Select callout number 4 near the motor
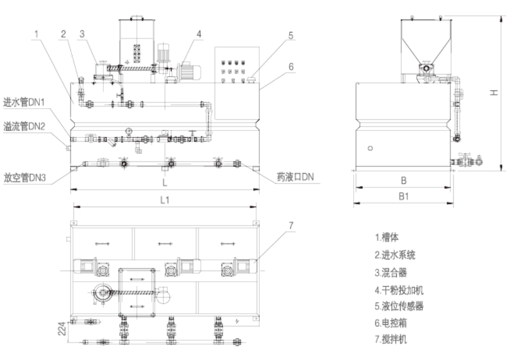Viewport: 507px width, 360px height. pyautogui.click(x=199, y=33)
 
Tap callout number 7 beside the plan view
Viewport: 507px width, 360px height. pyautogui.click(x=290, y=226)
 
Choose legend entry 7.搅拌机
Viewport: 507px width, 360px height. pyautogui.click(x=391, y=337)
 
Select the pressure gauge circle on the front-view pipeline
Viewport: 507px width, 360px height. pyautogui.click(x=128, y=129)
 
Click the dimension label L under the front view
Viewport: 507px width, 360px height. pyautogui.click(x=165, y=183)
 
